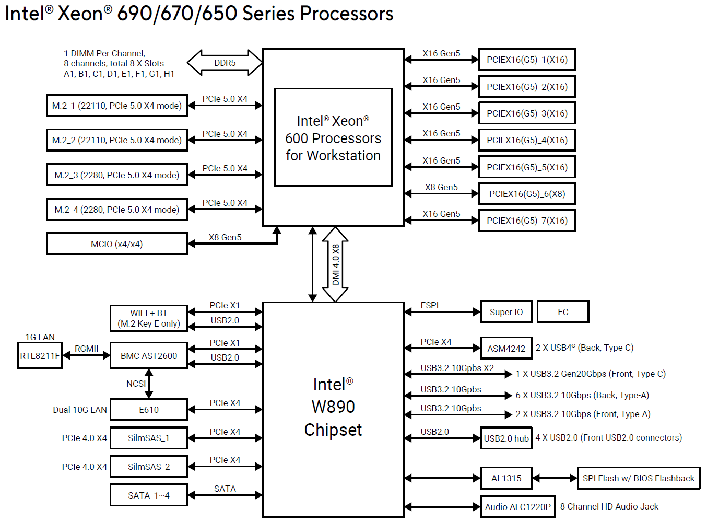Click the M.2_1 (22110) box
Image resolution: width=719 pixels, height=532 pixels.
(x=116, y=106)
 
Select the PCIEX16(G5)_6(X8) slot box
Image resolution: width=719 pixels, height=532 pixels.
(x=527, y=194)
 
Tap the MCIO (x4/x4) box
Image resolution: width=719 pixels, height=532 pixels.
(x=116, y=244)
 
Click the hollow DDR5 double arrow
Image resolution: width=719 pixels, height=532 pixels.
(x=225, y=63)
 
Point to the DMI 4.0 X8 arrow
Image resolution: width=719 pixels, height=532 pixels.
(x=335, y=264)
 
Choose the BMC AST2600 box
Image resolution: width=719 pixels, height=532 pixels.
(x=149, y=356)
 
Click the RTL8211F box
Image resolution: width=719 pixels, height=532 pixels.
(x=40, y=356)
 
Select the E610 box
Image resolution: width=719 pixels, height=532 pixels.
(x=149, y=410)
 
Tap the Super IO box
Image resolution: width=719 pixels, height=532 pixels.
(x=506, y=312)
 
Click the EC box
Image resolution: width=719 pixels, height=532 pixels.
(x=563, y=312)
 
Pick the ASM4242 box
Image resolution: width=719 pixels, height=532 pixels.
(x=506, y=348)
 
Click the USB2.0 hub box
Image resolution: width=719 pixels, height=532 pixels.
(x=506, y=438)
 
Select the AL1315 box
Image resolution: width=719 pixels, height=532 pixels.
(x=506, y=478)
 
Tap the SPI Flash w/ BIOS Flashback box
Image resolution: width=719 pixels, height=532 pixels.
(x=639, y=478)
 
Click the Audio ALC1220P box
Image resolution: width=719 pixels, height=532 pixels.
(x=517, y=507)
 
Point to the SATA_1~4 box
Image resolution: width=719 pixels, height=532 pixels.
(x=149, y=495)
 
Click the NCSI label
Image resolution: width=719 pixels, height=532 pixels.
(x=136, y=384)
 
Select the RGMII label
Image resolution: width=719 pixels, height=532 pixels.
(x=86, y=349)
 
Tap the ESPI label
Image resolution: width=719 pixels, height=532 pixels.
(x=430, y=305)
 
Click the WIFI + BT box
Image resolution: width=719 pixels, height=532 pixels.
(x=149, y=318)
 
